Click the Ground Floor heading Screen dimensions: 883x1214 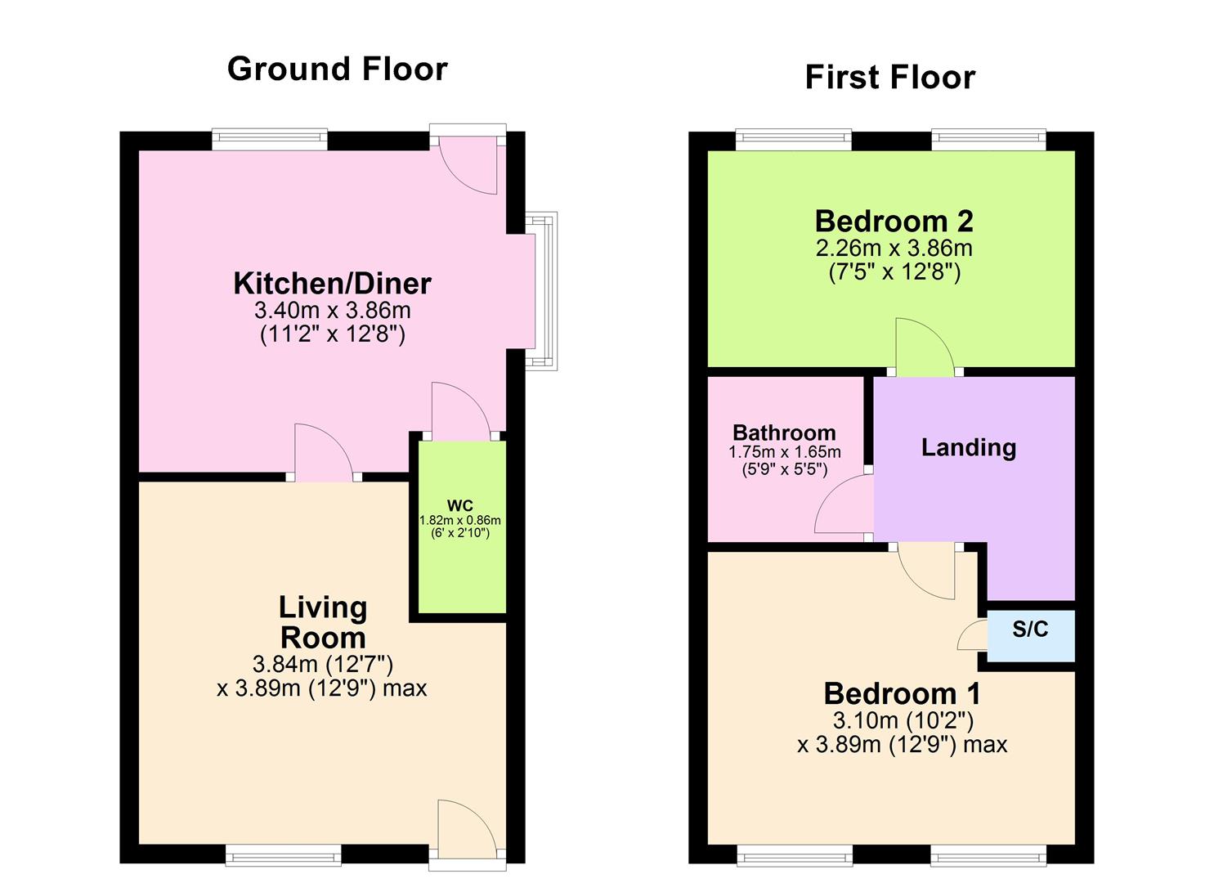[337, 69]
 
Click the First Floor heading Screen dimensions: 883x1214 [889, 77]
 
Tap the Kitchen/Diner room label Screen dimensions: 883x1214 [332, 283]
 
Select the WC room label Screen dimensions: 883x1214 [459, 505]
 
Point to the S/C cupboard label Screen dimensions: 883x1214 [1029, 629]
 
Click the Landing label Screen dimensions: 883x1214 [968, 447]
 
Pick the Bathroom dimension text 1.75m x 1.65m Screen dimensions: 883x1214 [784, 452]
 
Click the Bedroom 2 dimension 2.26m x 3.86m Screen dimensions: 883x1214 [894, 248]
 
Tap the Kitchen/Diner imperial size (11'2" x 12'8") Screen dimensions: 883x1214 [332, 334]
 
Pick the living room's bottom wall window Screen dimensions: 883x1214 [284, 855]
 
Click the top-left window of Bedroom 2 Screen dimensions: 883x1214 [793, 140]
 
